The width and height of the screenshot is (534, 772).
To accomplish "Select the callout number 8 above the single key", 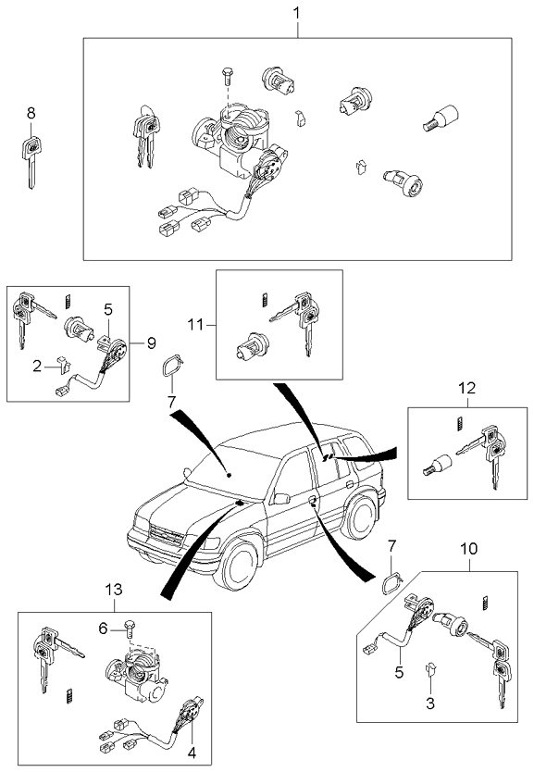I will pos(31,113).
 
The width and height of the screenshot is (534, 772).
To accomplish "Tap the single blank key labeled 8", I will pos(31,157).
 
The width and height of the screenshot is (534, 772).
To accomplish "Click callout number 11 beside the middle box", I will pos(196,324).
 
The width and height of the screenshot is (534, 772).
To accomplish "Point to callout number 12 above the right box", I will pos(466,388).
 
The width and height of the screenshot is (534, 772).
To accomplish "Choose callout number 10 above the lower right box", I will pos(469,548).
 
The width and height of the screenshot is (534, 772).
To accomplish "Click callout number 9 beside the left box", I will pos(150,342).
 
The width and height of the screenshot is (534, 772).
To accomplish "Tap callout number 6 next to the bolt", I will pos(105,628).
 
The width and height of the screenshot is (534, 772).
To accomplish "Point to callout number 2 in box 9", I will pos(38,367).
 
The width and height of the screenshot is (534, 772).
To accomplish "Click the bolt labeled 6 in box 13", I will pos(130,630).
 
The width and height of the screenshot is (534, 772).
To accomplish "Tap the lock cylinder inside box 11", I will pos(249,347).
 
